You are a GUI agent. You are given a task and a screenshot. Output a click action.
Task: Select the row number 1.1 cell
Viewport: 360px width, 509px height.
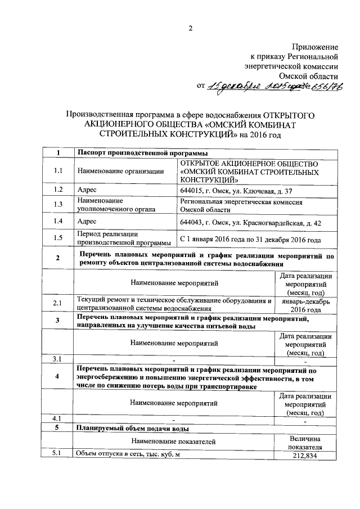pyautogui.click(x=58, y=171)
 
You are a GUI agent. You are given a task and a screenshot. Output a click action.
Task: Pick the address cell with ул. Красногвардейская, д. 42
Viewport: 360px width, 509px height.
pyautogui.click(x=250, y=222)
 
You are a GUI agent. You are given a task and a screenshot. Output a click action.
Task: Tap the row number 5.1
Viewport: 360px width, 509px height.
pyautogui.click(x=56, y=454)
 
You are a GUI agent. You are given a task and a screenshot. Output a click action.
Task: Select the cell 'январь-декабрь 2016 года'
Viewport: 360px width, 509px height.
pyautogui.click(x=305, y=305)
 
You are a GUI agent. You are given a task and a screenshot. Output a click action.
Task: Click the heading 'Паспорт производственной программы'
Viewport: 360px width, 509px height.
pyautogui.click(x=142, y=153)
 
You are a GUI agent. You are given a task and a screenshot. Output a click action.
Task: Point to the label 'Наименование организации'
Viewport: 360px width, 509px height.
pyautogui.click(x=121, y=171)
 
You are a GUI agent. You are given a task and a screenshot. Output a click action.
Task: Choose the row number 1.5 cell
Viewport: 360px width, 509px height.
pyautogui.click(x=58, y=238)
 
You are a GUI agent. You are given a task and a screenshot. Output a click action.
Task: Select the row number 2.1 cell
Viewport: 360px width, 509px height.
pyautogui.click(x=58, y=304)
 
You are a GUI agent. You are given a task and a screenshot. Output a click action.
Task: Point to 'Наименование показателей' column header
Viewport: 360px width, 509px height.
pyautogui.click(x=173, y=442)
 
